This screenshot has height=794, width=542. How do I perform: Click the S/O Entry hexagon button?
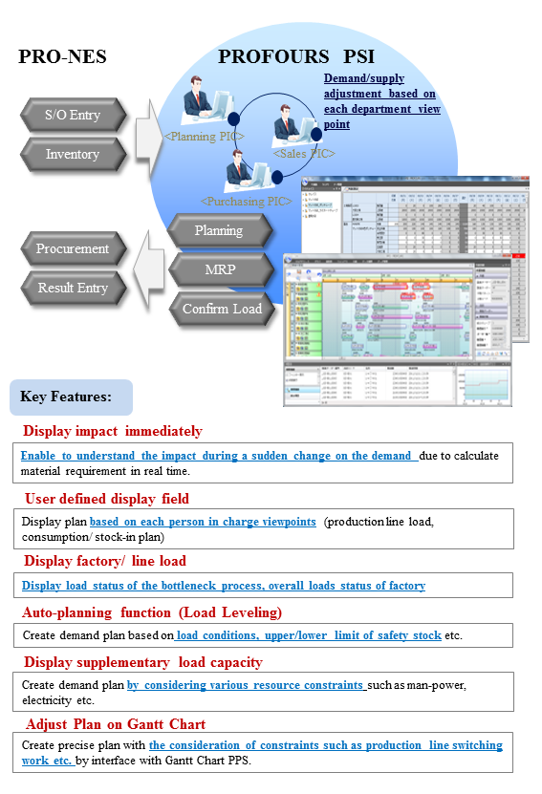73,116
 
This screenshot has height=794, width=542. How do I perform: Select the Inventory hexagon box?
73,154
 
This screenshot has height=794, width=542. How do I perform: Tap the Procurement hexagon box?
73,248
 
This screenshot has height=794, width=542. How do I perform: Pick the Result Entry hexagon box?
73,288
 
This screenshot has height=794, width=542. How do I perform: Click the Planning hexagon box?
219,230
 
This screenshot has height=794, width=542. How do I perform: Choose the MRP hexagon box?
219,269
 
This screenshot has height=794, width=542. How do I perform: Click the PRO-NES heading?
63,57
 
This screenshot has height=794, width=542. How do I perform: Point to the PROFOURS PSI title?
286,56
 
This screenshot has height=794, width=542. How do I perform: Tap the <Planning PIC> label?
205,137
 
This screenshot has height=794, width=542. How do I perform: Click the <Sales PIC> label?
304,153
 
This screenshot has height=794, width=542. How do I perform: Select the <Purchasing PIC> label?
246,201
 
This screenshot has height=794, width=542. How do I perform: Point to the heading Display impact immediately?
113,431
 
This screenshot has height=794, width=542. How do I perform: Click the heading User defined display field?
107,498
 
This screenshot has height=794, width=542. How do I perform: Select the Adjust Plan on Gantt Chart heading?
116,723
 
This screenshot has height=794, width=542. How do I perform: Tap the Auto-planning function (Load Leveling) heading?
152,612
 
